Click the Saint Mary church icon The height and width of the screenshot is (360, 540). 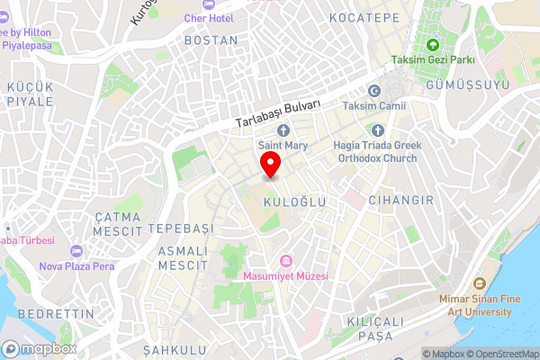coord(283,130)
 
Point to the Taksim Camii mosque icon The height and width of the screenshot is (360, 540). coord(374,90)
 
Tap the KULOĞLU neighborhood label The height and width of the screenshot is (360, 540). coord(294,203)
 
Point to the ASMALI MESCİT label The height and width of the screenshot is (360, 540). coord(183,257)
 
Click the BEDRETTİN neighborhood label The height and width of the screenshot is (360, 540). coord(55,313)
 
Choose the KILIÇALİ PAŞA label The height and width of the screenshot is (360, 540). coord(369,328)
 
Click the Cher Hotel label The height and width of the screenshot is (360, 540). coord(208,18)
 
